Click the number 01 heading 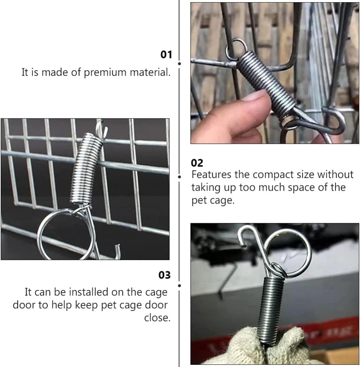coord(166,55)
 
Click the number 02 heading coord(197,163)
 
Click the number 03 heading coord(164,275)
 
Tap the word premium coord(105,72)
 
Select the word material coord(150,72)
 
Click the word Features coord(211,175)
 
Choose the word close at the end coord(157,318)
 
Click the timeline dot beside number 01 coord(179,64)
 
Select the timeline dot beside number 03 coord(179,285)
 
